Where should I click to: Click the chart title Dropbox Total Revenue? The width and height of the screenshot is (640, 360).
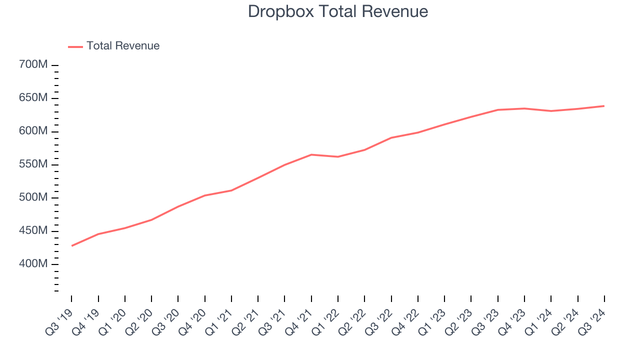coord(338,11)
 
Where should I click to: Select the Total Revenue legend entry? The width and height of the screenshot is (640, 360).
coord(122,46)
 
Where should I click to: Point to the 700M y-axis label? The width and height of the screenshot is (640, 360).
coord(33,65)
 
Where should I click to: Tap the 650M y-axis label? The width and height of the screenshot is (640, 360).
coord(33,98)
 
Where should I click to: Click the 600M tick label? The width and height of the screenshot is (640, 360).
coord(33,131)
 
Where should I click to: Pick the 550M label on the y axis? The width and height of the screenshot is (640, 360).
coord(33,164)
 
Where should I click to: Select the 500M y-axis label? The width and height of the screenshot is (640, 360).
coord(33,197)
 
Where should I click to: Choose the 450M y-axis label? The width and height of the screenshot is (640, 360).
coord(33,231)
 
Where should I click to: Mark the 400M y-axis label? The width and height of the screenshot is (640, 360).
coord(33,264)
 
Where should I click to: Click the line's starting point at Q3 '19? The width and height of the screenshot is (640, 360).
coord(72,245)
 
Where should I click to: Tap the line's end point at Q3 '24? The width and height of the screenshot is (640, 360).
coord(604,106)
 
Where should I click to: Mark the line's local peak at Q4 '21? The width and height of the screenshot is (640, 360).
coord(311,154)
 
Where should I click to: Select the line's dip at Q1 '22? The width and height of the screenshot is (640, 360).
coord(338,157)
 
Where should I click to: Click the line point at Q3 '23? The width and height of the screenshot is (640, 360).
coord(497,109)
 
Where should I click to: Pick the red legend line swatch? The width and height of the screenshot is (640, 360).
coord(75,46)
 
